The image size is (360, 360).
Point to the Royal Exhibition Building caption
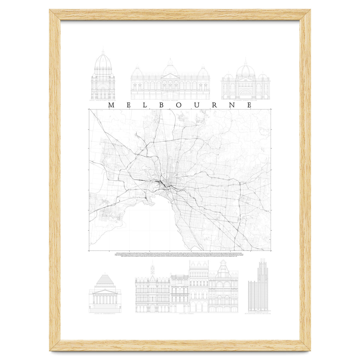click(x=103, y=101)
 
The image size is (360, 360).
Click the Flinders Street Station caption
click(x=245, y=101)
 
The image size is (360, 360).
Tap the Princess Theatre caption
click(x=170, y=101)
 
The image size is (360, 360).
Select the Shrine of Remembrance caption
click(x=105, y=314)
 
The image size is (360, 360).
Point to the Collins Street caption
click(x=186, y=314)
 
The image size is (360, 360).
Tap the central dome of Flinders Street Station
click(x=245, y=70)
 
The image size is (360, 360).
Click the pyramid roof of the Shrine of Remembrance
click(x=105, y=280)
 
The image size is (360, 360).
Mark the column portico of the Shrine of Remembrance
click(x=105, y=298)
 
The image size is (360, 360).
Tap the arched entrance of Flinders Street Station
click(x=245, y=94)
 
